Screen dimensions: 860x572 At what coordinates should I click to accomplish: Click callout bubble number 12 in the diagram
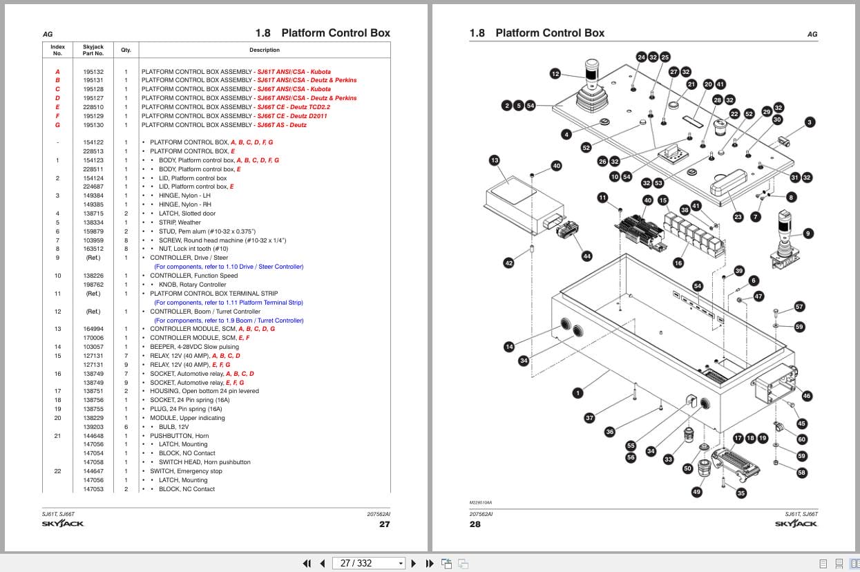[555, 74]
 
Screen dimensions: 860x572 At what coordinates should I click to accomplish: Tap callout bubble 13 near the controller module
[495, 160]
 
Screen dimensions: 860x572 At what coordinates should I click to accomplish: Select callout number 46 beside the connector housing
[807, 396]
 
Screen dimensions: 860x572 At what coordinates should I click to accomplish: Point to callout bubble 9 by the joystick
[808, 233]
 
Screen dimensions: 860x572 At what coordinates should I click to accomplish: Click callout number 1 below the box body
[577, 392]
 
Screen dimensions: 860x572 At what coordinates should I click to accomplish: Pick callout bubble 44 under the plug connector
[587, 256]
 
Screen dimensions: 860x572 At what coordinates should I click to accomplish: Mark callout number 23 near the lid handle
[738, 217]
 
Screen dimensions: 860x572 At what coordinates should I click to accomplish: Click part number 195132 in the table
[93, 72]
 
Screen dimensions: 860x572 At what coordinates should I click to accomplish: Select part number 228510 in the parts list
[93, 107]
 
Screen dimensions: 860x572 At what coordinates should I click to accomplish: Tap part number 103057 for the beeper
[93, 347]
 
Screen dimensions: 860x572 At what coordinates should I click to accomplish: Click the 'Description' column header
[265, 50]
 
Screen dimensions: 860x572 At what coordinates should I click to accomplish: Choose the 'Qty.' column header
[126, 50]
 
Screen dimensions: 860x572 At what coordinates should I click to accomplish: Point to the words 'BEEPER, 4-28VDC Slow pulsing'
[194, 347]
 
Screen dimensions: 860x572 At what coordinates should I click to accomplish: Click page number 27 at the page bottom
[384, 524]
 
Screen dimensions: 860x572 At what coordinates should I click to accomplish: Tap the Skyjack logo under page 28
[796, 523]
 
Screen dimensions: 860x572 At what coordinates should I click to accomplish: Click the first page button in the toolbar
[307, 563]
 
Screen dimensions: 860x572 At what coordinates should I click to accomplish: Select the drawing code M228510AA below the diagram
[480, 502]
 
